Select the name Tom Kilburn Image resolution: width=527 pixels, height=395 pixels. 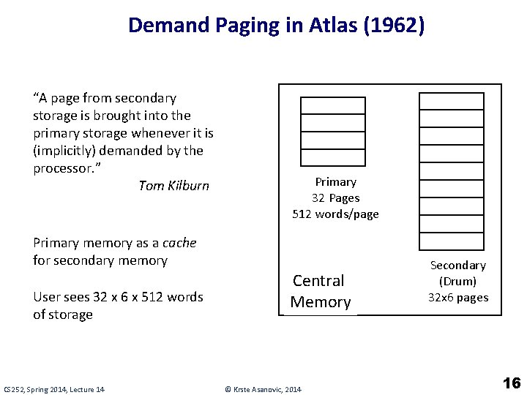pyautogui.click(x=173, y=186)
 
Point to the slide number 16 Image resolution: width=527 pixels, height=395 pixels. pyautogui.click(x=512, y=383)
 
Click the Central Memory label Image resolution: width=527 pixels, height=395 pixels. pyautogui.click(x=320, y=291)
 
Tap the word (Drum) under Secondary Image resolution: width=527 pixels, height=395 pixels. pyautogui.click(x=457, y=281)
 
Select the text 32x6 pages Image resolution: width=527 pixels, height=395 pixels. pyautogui.click(x=457, y=297)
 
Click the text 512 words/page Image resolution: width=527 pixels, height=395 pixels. pyautogui.click(x=335, y=214)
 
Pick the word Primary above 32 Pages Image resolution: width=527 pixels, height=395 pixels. pyautogui.click(x=335, y=181)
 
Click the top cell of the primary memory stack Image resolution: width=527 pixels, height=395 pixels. pyautogui.click(x=333, y=105)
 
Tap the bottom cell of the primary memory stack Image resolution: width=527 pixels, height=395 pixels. pyautogui.click(x=333, y=158)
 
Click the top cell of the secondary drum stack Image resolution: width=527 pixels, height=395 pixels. pyautogui.click(x=451, y=101)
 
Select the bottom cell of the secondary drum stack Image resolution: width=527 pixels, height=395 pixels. pyautogui.click(x=451, y=241)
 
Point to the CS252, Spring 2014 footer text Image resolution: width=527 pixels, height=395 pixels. pyautogui.click(x=54, y=389)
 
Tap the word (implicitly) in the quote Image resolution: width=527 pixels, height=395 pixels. pyautogui.click(x=64, y=151)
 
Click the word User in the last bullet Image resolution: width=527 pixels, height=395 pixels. pyautogui.click(x=46, y=297)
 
